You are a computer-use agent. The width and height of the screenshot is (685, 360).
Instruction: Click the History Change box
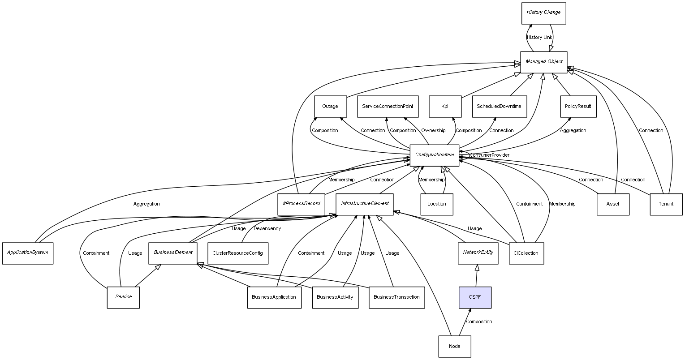pos(543,13)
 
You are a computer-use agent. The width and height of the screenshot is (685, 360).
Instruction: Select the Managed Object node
pos(543,62)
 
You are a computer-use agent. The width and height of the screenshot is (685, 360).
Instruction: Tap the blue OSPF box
pos(475,297)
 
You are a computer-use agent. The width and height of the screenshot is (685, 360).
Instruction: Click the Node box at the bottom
pos(455,346)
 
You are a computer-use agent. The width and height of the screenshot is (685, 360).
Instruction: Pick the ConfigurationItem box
pos(434,155)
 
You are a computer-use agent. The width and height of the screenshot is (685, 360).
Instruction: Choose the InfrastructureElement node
pos(365,204)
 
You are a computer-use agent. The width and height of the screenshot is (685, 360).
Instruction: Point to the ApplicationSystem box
pos(28,253)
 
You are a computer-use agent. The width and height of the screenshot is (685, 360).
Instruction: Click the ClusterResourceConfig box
pos(238,253)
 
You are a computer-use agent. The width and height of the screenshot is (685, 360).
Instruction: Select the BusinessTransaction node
pos(396,297)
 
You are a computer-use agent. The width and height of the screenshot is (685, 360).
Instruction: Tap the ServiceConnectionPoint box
pos(388,107)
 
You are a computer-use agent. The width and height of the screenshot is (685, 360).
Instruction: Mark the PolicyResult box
pos(578,107)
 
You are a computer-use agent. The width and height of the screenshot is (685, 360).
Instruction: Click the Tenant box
pos(666,204)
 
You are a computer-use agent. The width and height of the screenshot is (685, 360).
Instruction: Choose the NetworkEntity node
pos(478,253)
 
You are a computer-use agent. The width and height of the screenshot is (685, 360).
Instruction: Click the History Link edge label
pos(539,38)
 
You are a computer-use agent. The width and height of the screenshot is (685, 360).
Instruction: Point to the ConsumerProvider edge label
pos(489,155)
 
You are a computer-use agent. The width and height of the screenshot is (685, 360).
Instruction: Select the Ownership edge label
pos(433,131)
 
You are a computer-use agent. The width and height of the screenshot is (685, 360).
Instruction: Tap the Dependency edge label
pos(267,229)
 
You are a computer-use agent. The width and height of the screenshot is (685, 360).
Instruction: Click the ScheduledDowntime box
pos(499,107)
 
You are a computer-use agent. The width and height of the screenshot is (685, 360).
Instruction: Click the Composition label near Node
pos(478,322)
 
